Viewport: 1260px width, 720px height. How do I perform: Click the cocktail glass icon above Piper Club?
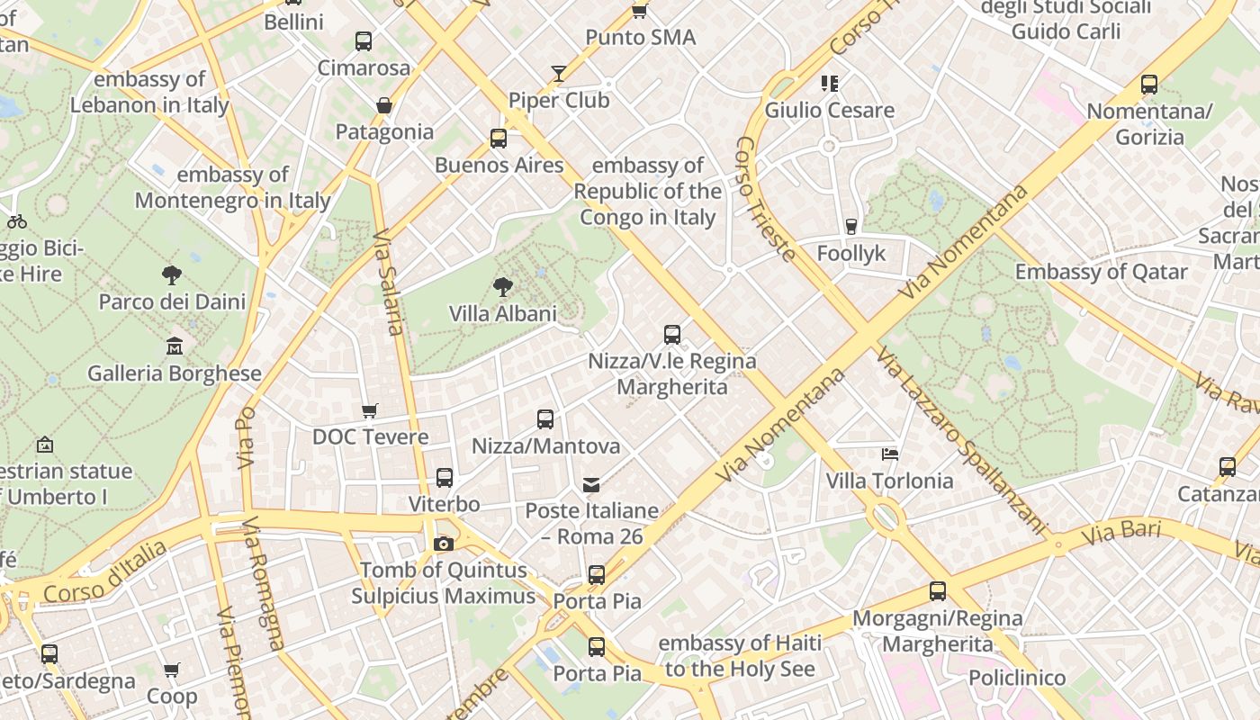pos(559,74)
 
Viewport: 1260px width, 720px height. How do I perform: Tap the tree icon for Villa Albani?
pos(503,287)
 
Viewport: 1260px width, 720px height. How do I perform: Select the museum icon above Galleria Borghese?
pos(175,346)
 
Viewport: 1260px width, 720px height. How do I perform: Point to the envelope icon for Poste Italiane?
pos(591,485)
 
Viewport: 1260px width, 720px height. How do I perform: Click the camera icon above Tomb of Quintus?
pos(443,544)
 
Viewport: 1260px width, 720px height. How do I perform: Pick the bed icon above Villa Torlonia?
pos(890,454)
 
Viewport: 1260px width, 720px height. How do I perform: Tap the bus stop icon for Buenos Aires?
pos(499,139)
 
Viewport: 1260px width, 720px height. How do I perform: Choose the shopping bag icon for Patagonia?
pos(384,105)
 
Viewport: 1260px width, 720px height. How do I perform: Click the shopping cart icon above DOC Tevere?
pos(369,411)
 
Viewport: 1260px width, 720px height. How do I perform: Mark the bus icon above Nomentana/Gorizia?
pos(1149,85)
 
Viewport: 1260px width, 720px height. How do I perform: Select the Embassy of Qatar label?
pos(1101,272)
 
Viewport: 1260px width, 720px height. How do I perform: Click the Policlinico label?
pos(1017,678)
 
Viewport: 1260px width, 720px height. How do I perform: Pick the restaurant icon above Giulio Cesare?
pos(829,84)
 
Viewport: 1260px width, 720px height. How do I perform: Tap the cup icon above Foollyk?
pos(851,227)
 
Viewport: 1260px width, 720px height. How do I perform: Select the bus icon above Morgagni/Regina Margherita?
pos(938,591)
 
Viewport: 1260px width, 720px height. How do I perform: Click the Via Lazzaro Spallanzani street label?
pos(963,440)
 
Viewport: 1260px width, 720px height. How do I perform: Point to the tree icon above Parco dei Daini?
pos(172,274)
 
